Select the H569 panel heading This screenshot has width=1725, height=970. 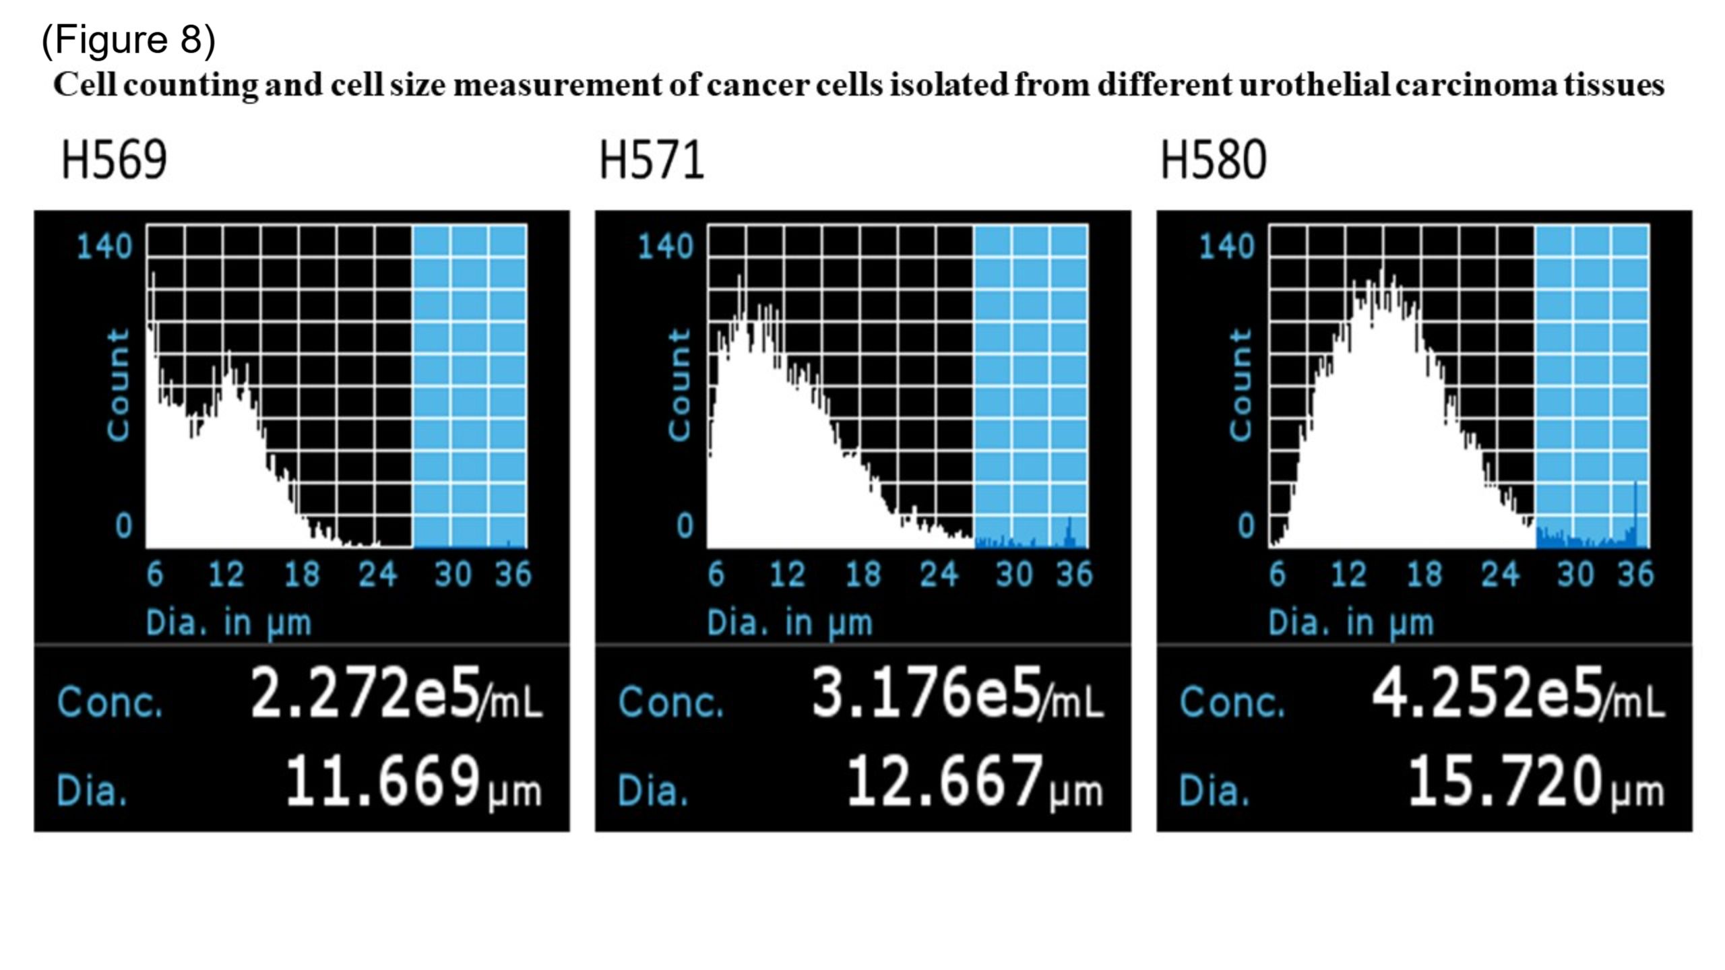[114, 160]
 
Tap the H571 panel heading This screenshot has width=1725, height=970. [652, 160]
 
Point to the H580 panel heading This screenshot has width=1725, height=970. [1214, 160]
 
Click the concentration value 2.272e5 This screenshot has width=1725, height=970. [366, 693]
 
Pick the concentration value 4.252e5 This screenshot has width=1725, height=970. [1488, 693]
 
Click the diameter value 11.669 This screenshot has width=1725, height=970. [383, 781]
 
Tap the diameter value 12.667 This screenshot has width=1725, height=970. [944, 781]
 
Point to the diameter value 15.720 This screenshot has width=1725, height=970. [1505, 781]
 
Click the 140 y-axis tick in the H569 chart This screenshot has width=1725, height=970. [104, 247]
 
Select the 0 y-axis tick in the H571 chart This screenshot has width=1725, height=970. [685, 526]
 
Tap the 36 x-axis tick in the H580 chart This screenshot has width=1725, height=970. [1635, 575]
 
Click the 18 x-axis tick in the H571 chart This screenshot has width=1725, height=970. [863, 575]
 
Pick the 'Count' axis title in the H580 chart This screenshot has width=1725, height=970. [1241, 385]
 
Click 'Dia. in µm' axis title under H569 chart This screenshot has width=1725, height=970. [229, 623]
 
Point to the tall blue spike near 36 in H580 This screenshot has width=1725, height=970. [1635, 513]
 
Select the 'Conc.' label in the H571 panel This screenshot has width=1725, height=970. [670, 702]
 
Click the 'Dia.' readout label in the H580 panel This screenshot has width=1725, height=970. [1214, 789]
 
